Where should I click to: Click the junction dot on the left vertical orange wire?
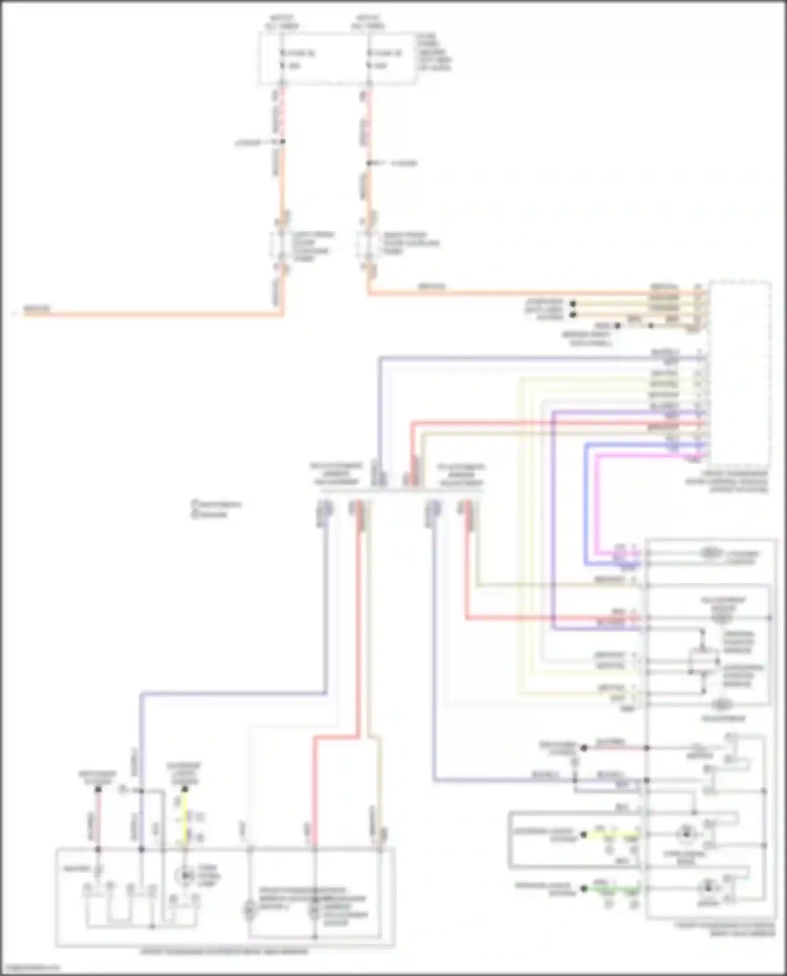(282, 142)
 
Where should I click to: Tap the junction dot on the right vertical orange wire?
(368, 163)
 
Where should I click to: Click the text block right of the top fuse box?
(434, 52)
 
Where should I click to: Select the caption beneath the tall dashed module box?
(727, 481)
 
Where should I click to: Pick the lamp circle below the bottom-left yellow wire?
(184, 875)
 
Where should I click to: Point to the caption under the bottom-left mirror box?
(225, 951)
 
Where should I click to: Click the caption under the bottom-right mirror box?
(724, 929)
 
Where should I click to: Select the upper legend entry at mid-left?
(216, 504)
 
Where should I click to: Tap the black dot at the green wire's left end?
(583, 889)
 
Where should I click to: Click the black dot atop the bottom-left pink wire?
(98, 790)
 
